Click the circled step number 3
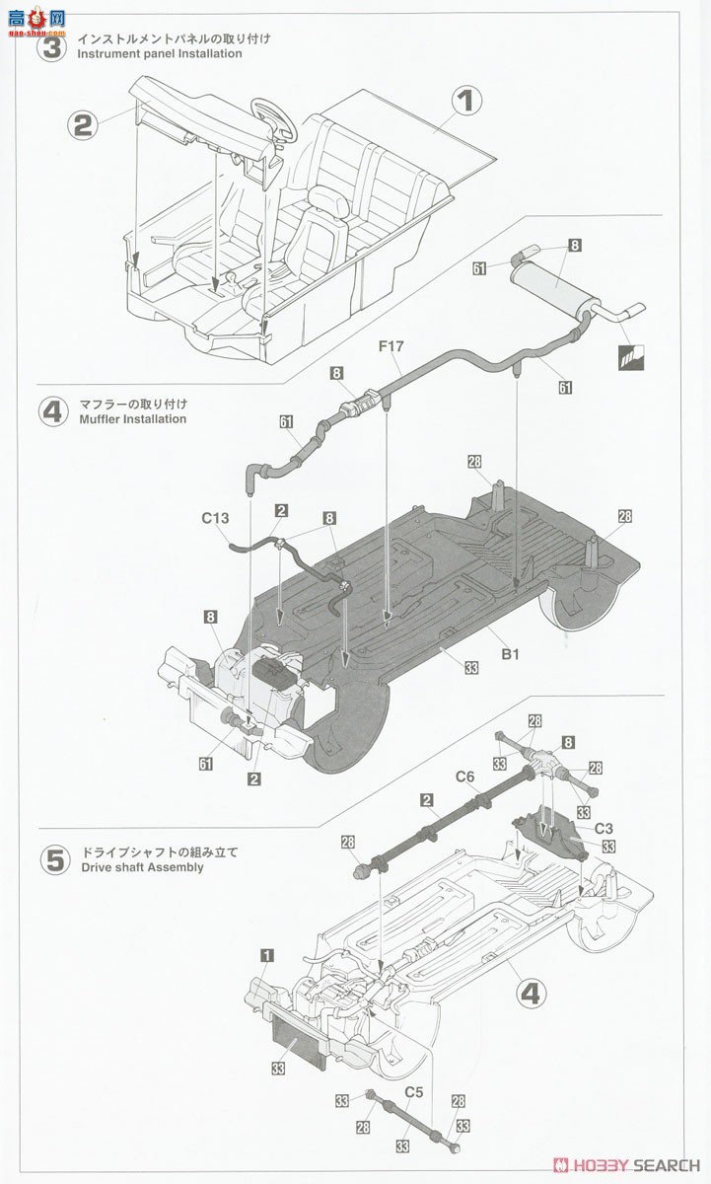tap(52, 46)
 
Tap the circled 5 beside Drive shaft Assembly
tap(55, 858)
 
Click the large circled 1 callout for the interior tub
tap(467, 101)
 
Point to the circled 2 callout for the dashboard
tap(84, 124)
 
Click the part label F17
tap(392, 347)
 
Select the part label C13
tap(215, 517)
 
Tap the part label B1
tap(510, 652)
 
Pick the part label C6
tap(464, 777)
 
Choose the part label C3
tap(604, 829)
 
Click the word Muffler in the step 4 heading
tap(99, 418)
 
